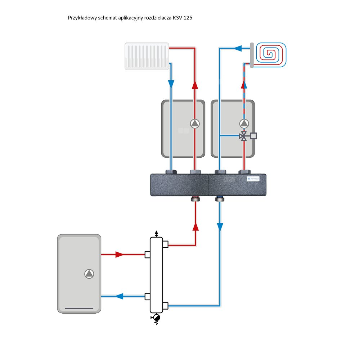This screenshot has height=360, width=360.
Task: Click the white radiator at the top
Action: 147,56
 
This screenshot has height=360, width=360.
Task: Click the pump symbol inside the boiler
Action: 89,274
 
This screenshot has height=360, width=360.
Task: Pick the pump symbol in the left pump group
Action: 195,124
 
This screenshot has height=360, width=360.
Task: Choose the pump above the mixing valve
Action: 244,124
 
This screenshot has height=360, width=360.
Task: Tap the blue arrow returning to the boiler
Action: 119,297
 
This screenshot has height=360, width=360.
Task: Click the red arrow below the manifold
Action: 195,226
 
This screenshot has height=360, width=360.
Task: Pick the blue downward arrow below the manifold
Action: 220,227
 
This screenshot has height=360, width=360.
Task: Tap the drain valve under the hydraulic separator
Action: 156,318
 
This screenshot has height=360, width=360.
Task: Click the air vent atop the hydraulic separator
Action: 156,234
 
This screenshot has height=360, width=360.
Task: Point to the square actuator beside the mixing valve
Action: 253,136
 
